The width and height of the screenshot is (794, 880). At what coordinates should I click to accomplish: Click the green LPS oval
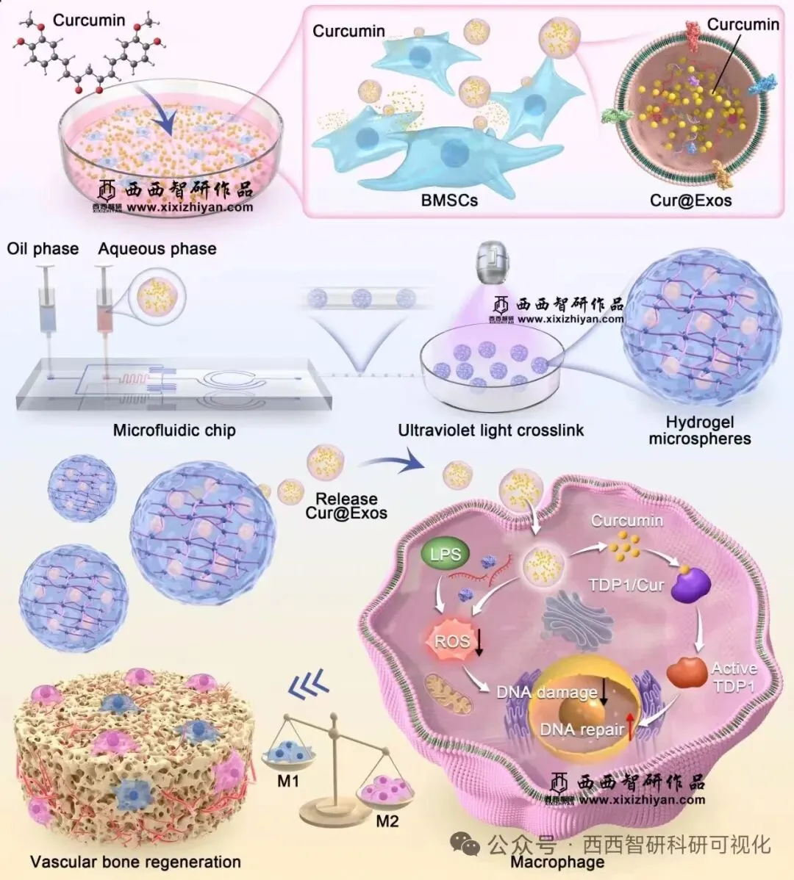[x=445, y=554]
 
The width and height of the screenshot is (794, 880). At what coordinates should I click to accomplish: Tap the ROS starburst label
[x=451, y=641]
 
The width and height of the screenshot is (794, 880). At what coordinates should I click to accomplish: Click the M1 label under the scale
[x=288, y=782]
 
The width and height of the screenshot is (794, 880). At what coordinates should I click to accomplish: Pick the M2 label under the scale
[x=387, y=821]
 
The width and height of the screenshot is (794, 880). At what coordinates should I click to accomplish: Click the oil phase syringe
[x=47, y=301]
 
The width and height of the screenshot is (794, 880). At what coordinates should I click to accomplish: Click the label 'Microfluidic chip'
[x=174, y=430]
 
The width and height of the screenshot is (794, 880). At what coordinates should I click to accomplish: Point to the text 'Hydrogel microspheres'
[x=699, y=430]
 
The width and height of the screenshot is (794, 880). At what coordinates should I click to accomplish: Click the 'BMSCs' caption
[x=449, y=200]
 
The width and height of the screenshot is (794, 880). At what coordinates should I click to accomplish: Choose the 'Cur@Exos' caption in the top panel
[x=690, y=200]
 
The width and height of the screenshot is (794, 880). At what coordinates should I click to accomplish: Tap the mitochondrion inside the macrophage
[x=449, y=696]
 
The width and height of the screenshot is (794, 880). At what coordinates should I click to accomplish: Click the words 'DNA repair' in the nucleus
[x=582, y=729]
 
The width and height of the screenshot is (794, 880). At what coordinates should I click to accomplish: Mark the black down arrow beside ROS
[x=479, y=642]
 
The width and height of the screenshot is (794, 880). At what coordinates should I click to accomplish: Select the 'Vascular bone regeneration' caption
[x=135, y=862]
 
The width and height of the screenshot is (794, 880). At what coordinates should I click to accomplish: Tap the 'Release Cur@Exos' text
[x=346, y=505]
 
